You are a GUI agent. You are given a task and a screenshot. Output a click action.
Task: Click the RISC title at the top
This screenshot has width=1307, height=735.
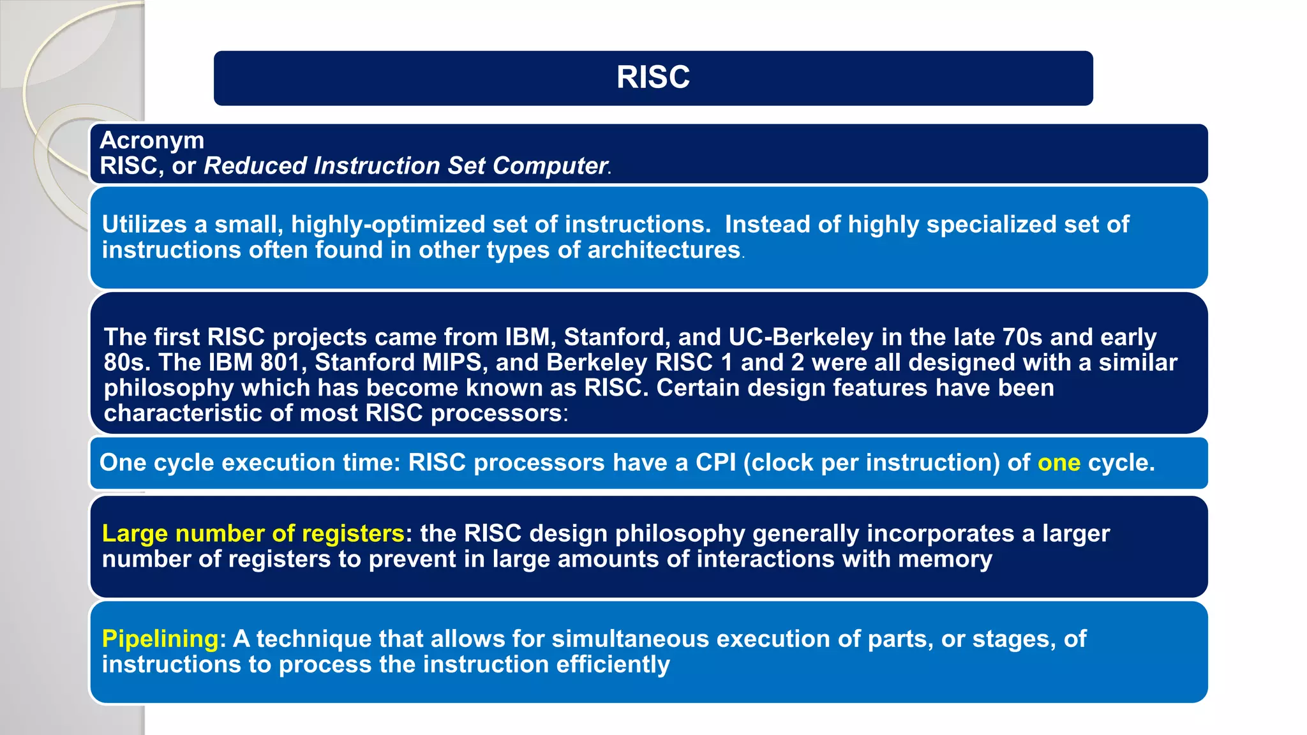click(x=653, y=77)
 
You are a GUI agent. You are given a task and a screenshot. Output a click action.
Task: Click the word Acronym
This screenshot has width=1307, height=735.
click(x=152, y=140)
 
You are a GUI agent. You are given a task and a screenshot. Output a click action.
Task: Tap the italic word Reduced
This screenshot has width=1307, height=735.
click(x=255, y=166)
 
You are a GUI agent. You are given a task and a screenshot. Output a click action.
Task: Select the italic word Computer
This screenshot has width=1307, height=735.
click(x=549, y=166)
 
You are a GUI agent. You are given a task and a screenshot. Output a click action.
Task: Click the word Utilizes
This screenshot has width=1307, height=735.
click(x=144, y=225)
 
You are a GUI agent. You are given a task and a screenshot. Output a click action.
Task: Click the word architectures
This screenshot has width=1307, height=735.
click(x=664, y=250)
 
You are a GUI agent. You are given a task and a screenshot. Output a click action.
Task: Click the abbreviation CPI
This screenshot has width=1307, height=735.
click(x=715, y=463)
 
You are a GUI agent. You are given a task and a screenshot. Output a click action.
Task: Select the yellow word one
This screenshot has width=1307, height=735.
click(x=1059, y=463)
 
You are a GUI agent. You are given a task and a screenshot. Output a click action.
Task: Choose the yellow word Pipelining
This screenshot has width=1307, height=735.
click(x=160, y=639)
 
